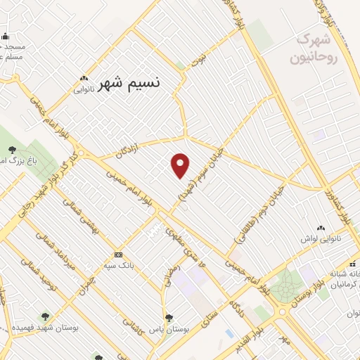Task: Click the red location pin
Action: (x=181, y=165)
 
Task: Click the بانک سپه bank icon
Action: (x=118, y=255)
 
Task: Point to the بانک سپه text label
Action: (x=118, y=266)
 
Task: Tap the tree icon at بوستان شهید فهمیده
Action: (x=46, y=317)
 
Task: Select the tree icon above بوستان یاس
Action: (x=169, y=318)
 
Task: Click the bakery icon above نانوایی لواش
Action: (x=321, y=229)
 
